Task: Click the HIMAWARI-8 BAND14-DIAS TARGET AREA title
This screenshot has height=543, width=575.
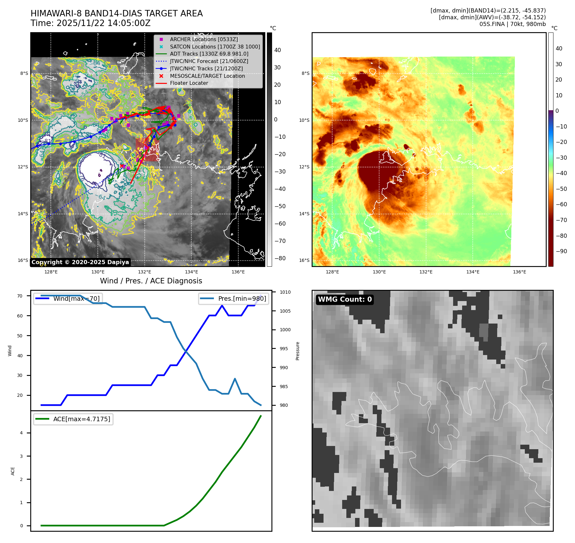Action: click(116, 13)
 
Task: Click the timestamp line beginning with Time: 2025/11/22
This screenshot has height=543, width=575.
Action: click(90, 23)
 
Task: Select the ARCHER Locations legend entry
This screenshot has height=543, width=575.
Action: click(204, 39)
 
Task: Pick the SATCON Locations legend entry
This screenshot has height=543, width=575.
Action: click(215, 47)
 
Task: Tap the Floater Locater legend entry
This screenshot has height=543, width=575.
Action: click(189, 83)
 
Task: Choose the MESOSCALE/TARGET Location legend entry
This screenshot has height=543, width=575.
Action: click(207, 76)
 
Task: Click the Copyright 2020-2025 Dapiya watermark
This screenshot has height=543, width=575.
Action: click(80, 262)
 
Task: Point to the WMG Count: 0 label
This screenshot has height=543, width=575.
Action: click(345, 299)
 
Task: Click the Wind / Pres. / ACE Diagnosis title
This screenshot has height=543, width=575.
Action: click(151, 281)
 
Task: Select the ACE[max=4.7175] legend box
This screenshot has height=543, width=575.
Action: click(73, 419)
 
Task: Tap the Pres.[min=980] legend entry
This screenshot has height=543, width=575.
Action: click(234, 298)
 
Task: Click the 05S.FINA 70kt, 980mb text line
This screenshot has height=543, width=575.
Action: click(512, 24)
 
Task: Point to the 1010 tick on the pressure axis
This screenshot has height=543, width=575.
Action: click(285, 292)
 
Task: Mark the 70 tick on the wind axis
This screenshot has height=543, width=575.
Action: click(20, 296)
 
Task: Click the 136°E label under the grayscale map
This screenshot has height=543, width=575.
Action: click(238, 272)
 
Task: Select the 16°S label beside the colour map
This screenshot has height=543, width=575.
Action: click(304, 260)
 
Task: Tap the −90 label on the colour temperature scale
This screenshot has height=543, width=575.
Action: click(561, 251)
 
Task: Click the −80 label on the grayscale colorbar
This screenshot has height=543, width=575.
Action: click(280, 258)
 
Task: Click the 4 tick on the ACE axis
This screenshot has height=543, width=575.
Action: click(22, 433)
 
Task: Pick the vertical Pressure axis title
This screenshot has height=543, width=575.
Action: click(298, 351)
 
